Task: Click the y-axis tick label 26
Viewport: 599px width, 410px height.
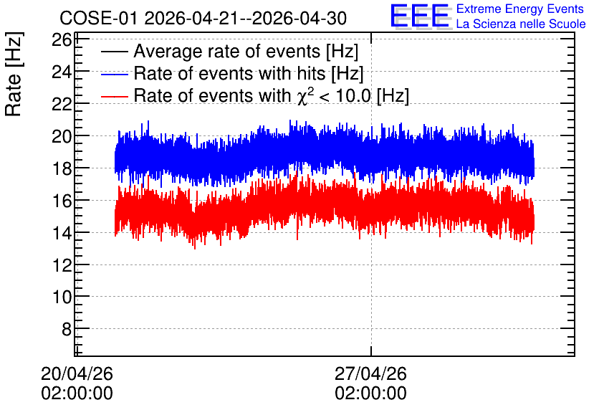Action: (x=62, y=39)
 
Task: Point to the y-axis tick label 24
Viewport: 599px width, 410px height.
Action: (x=62, y=72)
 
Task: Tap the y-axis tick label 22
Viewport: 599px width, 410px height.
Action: (x=62, y=103)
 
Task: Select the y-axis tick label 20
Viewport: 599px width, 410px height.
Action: (x=62, y=136)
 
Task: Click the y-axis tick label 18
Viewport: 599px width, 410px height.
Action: (x=62, y=168)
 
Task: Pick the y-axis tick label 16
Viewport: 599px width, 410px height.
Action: (x=62, y=200)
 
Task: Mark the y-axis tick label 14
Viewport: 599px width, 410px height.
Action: (x=62, y=232)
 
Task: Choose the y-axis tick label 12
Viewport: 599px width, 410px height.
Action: (x=62, y=264)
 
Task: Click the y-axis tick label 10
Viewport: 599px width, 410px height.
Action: (x=62, y=297)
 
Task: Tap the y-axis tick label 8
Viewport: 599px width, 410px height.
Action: (x=67, y=328)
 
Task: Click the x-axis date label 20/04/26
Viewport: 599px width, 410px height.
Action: (x=77, y=373)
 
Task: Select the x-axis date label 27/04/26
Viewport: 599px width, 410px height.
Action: (x=370, y=373)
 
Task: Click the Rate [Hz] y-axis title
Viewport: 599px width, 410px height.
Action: (x=14, y=74)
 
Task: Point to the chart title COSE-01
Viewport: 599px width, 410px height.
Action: (x=98, y=18)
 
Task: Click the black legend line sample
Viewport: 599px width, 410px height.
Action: (x=114, y=52)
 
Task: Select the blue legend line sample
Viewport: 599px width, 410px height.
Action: (x=114, y=74)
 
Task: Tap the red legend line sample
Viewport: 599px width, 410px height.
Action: (x=114, y=96)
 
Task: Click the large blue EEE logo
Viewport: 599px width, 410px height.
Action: (x=420, y=16)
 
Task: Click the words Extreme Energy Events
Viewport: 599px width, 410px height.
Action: (x=520, y=9)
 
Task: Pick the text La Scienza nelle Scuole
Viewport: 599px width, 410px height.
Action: (x=521, y=24)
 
